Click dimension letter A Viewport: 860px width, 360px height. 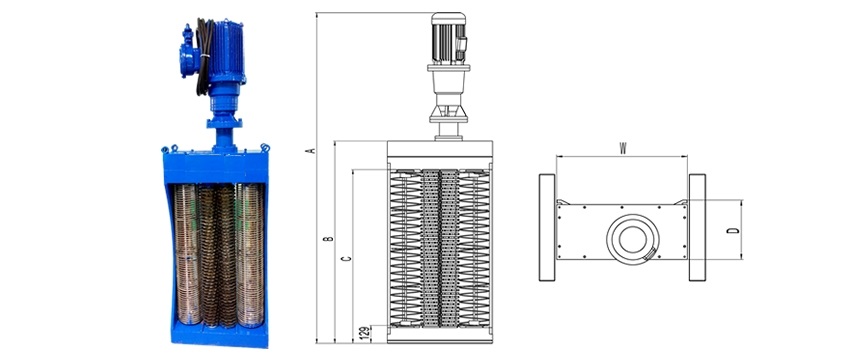coord(311,150)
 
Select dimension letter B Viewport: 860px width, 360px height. coord(329,239)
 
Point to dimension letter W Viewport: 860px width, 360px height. coord(623,148)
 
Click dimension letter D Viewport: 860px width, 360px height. coord(733,230)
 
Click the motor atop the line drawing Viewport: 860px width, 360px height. coord(449,37)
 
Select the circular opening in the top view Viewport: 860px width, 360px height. coord(632,239)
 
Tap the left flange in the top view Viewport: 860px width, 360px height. coord(547,227)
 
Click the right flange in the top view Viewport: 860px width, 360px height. coord(697,227)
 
